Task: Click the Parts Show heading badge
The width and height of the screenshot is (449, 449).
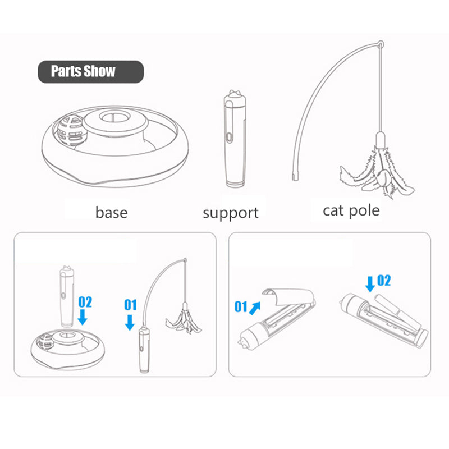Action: click(x=91, y=72)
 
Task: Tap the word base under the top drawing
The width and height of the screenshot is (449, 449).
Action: click(x=111, y=213)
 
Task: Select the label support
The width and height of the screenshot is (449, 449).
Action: click(x=231, y=213)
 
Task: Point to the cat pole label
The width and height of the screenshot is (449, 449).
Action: click(x=351, y=212)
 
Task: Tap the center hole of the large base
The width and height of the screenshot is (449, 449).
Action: click(x=114, y=117)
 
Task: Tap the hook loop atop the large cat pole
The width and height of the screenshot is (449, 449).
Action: click(x=381, y=44)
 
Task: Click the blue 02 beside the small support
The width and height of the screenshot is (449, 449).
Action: click(x=85, y=302)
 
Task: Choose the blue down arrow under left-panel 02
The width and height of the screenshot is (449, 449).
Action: click(x=83, y=317)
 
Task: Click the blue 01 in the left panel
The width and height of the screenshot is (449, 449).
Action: click(x=130, y=305)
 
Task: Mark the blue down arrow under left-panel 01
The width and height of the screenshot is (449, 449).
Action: click(x=130, y=322)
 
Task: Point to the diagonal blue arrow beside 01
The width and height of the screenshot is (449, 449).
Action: click(x=255, y=308)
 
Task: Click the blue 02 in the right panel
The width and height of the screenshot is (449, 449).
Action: click(x=384, y=280)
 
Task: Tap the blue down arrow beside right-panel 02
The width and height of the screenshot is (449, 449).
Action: click(x=370, y=284)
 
